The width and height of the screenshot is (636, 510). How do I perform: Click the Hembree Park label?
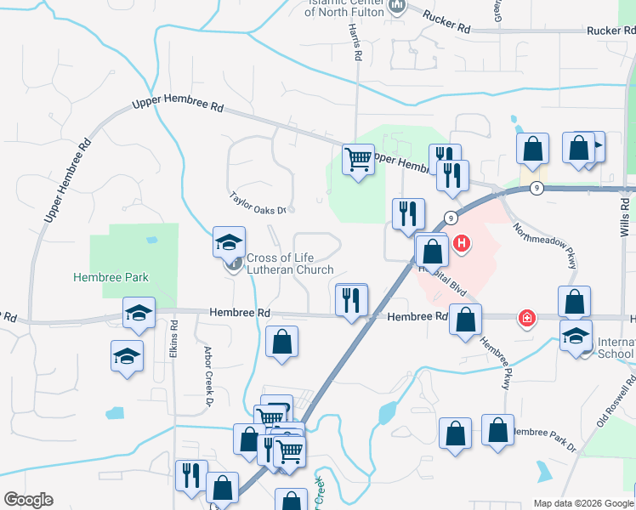(111, 277)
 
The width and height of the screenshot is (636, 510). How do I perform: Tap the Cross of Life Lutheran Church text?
(290, 264)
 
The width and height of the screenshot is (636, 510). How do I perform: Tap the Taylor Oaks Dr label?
(261, 203)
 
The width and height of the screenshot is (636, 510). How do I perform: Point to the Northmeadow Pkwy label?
(545, 245)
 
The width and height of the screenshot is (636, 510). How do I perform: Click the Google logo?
(28, 500)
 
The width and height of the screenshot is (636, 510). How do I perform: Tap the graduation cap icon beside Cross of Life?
(229, 243)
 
